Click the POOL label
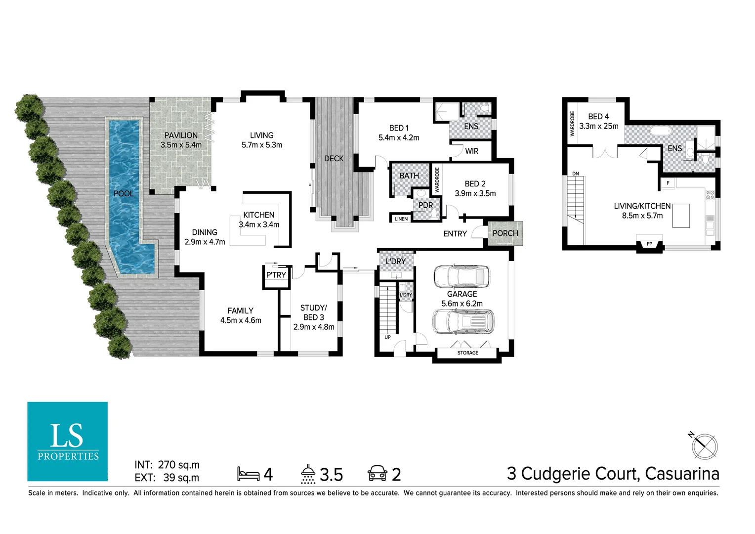[x=124, y=193]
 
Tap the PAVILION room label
[x=181, y=135]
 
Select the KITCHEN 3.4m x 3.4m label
[x=259, y=220]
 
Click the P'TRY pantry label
[x=276, y=275]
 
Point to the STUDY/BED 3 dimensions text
[x=313, y=327]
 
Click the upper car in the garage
[x=462, y=276]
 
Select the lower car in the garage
[x=463, y=321]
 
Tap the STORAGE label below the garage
[x=467, y=353]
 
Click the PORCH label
[x=505, y=233]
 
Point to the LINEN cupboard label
[x=401, y=219]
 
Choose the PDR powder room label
[x=425, y=205]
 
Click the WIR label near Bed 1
[x=471, y=151]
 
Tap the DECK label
[x=334, y=159]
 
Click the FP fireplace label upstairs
[x=649, y=244]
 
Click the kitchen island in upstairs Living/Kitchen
[x=681, y=216]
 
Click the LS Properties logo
[x=68, y=441]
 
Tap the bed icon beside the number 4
[x=248, y=474]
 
